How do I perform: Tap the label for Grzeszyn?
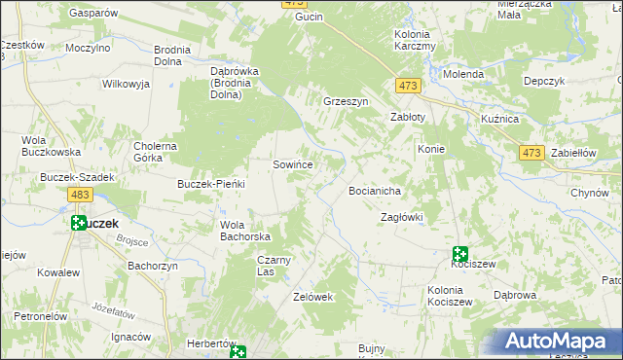(x=346, y=100)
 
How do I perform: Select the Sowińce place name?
(x=292, y=164)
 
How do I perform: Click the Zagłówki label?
(x=401, y=217)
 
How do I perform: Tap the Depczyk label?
(x=544, y=82)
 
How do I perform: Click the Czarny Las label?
(x=274, y=266)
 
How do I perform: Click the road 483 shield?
(x=82, y=197)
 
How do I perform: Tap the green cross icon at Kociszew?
(x=460, y=255)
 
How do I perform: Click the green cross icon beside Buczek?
(x=78, y=223)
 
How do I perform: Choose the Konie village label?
(x=431, y=149)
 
